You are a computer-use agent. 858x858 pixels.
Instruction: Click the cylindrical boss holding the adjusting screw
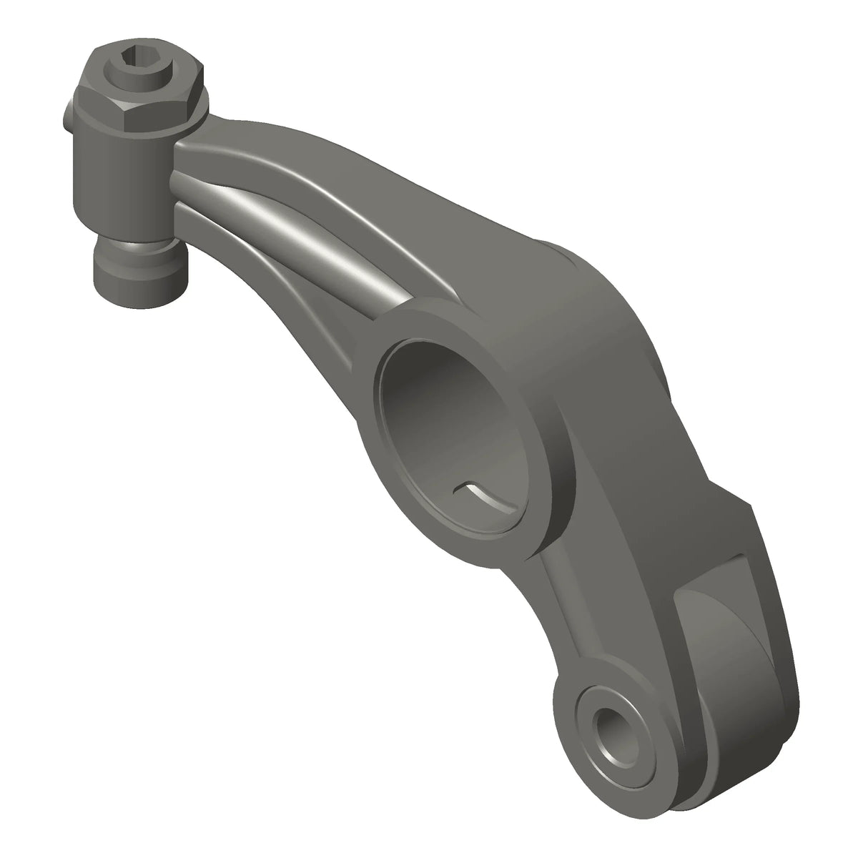(122, 186)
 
